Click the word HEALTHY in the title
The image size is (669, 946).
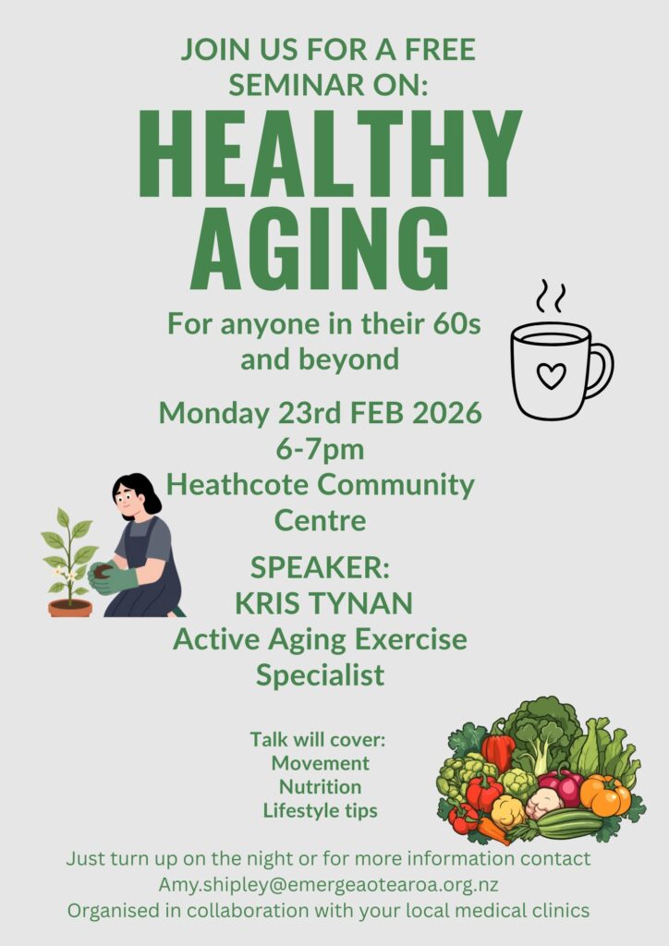point(331,154)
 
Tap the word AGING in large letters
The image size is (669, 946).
point(321,248)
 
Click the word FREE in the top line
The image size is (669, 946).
point(441,50)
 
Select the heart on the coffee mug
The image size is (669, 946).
point(552,375)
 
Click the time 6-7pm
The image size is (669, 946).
point(320,450)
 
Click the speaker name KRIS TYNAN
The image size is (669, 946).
point(323,603)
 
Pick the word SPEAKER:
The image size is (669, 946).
point(320,568)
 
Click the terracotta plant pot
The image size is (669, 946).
point(70,608)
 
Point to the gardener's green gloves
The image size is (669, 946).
point(112,578)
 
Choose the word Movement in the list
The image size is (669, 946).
point(321,763)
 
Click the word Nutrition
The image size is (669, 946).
point(321,787)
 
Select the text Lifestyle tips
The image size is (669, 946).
point(321,811)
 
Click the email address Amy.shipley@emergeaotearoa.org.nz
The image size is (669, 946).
point(328,885)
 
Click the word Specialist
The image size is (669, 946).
point(321,675)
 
